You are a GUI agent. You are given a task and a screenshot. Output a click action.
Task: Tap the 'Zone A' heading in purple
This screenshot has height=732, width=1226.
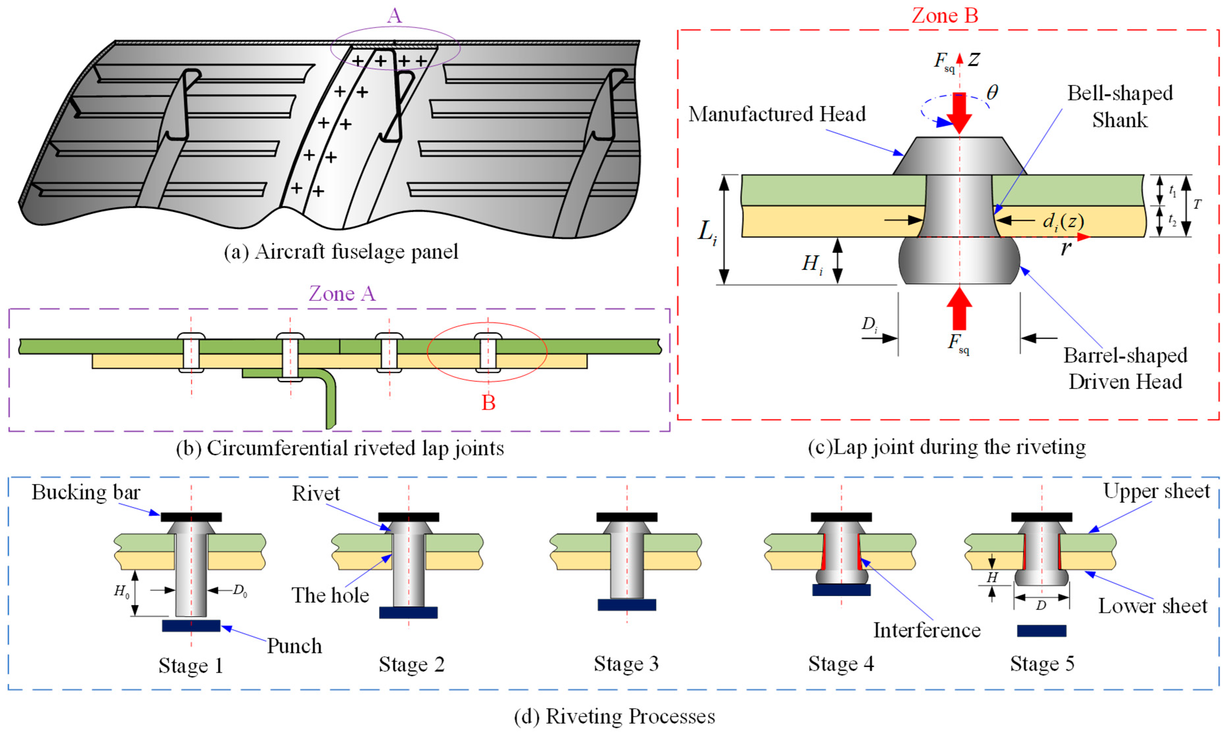click(x=342, y=294)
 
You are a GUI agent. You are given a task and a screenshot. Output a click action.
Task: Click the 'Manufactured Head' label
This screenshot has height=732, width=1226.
click(x=777, y=114)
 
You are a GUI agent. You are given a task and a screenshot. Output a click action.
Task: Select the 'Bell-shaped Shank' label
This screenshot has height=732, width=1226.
click(x=1119, y=106)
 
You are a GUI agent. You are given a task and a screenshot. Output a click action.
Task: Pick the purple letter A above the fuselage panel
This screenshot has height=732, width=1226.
click(x=394, y=16)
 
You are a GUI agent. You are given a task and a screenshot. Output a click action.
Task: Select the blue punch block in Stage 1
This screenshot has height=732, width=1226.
click(x=191, y=626)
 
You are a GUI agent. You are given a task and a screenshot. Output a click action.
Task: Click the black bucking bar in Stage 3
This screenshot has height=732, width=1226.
click(x=627, y=517)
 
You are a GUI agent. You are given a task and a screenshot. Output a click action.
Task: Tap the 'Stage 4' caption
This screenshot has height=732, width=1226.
click(x=841, y=664)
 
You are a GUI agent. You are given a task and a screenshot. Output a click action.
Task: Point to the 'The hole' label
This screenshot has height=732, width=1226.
click(x=330, y=595)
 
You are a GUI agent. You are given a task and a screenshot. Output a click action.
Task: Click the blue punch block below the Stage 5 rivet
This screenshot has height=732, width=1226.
click(x=1042, y=630)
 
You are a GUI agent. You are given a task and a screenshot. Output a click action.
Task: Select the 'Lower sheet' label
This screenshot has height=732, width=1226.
click(x=1152, y=606)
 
